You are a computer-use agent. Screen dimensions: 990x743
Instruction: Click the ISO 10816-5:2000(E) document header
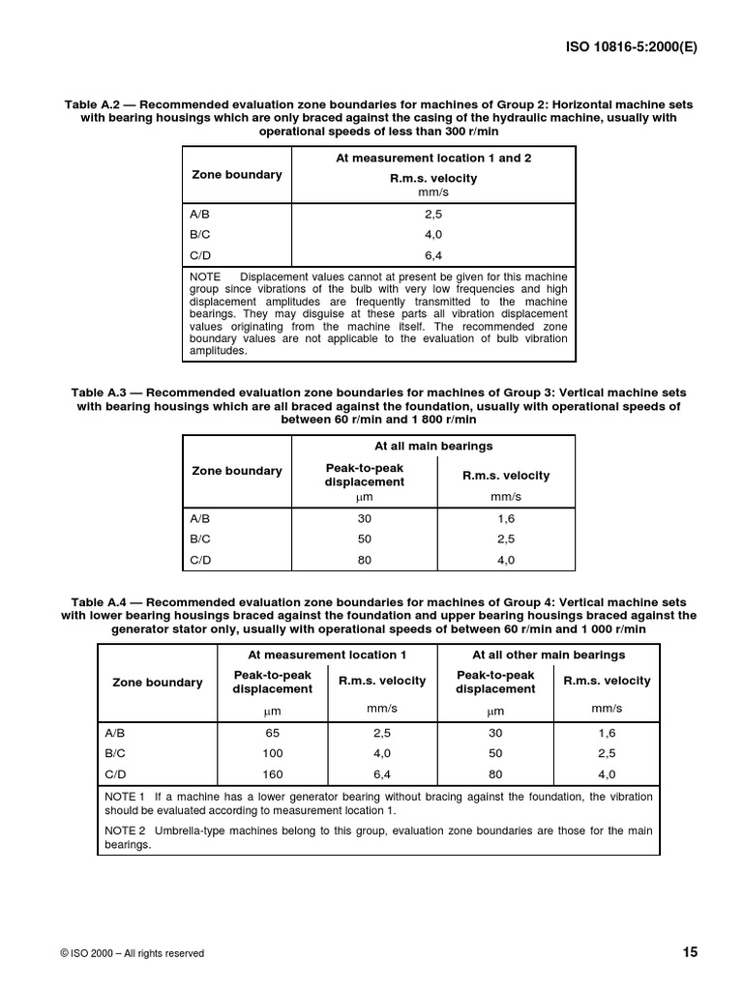pos(631,44)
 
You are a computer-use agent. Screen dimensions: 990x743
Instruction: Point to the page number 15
pos(690,952)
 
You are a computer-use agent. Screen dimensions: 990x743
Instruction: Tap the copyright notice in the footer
pos(132,953)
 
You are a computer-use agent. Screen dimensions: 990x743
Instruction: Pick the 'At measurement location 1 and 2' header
pos(433,158)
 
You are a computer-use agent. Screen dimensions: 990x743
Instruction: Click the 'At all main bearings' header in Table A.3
pos(433,446)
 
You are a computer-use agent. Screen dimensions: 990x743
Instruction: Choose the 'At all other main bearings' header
pos(549,655)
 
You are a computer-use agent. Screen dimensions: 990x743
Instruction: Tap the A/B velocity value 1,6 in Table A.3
pos(506,518)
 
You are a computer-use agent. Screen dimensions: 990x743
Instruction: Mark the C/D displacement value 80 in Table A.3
pos(365,559)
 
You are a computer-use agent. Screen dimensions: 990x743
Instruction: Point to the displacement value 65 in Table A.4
pos(272,733)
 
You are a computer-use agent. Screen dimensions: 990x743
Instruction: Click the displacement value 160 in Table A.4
pos(272,773)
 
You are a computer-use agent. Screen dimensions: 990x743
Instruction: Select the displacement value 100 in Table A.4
pos(272,753)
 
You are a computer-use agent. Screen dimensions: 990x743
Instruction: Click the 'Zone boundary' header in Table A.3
pos(237,471)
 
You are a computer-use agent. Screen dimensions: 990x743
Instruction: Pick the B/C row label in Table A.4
pos(116,753)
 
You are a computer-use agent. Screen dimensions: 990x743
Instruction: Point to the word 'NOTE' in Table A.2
pos(206,277)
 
